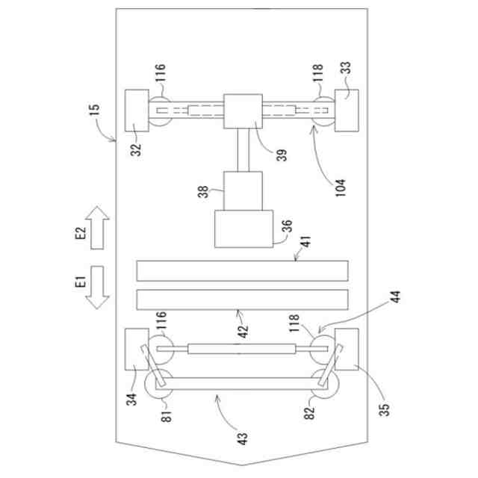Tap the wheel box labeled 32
137,111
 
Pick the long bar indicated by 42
243,299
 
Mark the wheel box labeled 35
347,348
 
